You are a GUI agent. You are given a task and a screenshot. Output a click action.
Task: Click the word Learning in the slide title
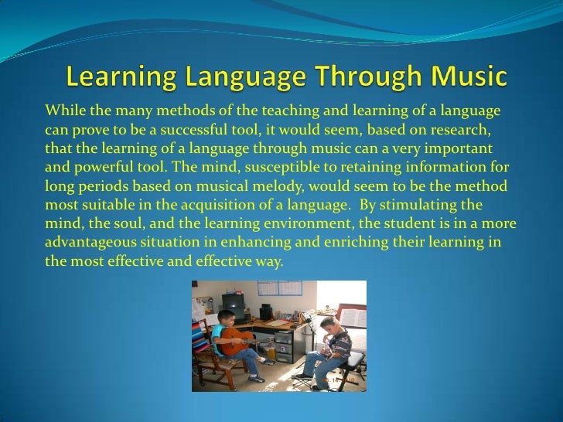pos(114,78)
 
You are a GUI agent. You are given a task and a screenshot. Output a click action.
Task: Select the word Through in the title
pos(356,78)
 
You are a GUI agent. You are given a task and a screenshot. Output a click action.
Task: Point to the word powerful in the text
pos(101,166)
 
